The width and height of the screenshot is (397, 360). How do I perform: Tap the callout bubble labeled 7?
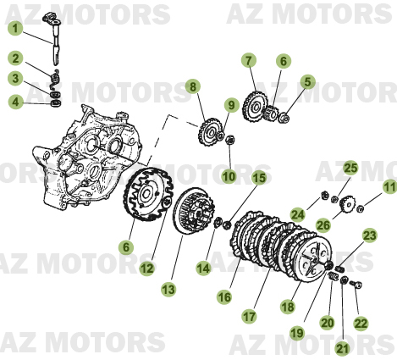248,61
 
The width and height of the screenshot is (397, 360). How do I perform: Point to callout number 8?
193,86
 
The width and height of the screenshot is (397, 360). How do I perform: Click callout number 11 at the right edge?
389,187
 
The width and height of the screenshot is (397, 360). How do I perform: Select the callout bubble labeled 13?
168,289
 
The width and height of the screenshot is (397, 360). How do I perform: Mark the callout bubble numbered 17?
250,316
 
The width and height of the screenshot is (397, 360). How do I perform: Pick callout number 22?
362,323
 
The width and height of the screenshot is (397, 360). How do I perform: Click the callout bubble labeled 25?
350,169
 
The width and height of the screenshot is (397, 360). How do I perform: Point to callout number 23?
369,235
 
